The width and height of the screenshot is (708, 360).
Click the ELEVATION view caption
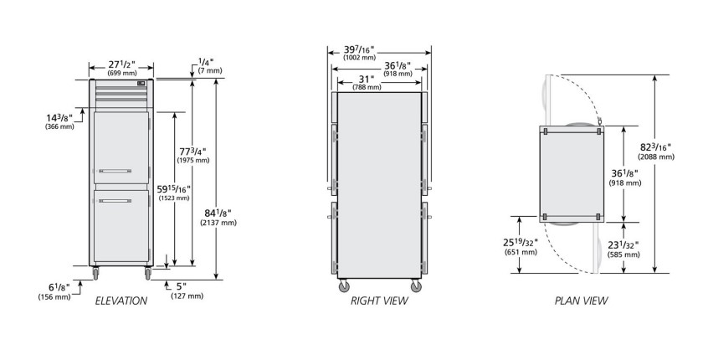121,301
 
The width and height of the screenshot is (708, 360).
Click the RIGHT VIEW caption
379,301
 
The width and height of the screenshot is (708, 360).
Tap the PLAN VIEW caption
581,301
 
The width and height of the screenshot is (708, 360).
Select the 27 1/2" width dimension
121,64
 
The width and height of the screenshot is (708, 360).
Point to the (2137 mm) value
218,222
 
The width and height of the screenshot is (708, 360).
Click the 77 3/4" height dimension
193,152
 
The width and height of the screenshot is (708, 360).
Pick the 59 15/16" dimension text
174,189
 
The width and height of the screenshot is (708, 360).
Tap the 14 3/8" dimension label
59,118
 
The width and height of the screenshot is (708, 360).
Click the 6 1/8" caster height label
59,287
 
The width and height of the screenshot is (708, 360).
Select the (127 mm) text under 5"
187,296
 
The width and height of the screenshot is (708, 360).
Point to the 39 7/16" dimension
359,49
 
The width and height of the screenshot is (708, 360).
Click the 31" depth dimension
367,79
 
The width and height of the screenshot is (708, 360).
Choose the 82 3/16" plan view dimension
655,147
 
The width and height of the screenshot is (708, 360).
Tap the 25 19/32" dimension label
521,243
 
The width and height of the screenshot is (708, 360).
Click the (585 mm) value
623,255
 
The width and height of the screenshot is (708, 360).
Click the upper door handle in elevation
115,171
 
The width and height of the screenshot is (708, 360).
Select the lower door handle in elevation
115,201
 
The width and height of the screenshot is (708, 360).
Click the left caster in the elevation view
95,273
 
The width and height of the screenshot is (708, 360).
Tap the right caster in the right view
416,285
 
